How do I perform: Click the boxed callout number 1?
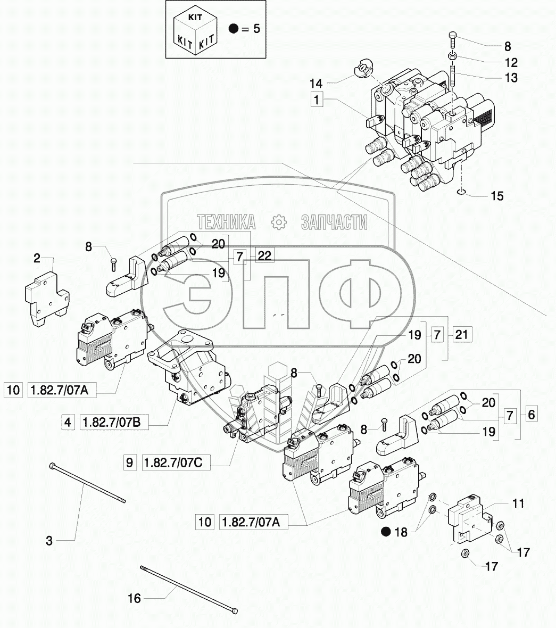(x=317, y=100)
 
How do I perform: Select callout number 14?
(x=316, y=83)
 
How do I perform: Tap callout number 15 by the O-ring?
(x=496, y=196)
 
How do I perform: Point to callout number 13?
(x=511, y=78)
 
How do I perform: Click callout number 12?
(x=511, y=62)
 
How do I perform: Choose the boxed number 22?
(x=264, y=256)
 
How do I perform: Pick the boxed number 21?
(x=462, y=335)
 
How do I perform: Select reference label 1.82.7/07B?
(x=114, y=423)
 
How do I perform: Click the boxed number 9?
(x=129, y=463)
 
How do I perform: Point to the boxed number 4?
(x=68, y=423)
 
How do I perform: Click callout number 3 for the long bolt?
(x=49, y=541)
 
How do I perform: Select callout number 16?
(x=135, y=599)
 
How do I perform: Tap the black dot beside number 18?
(x=386, y=531)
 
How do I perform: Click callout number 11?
(x=518, y=503)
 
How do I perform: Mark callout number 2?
(x=37, y=259)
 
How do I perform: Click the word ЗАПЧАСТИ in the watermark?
(x=334, y=222)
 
